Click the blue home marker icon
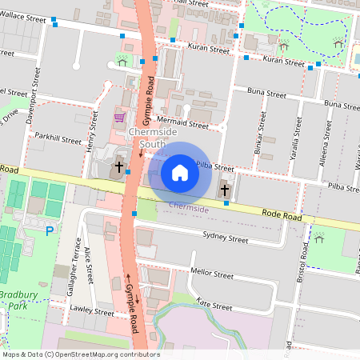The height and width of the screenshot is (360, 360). pos(180,172)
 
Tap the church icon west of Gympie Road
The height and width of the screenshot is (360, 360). pos(119,167)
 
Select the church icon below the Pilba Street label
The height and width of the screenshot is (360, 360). pos(224,190)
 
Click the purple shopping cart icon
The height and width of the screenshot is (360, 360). pos(119,118)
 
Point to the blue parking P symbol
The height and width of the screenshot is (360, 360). pos(49,231)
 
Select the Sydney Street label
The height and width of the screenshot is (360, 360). pos(226,238)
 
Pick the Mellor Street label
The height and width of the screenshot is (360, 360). pos(212,273)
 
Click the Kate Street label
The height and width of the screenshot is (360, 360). pos(214,305)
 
